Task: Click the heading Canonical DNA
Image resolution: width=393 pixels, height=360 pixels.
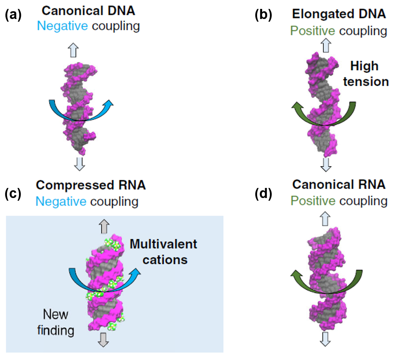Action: tap(94, 11)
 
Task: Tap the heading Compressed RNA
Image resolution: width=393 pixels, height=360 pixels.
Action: tap(91, 185)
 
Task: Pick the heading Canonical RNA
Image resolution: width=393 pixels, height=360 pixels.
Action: tap(339, 184)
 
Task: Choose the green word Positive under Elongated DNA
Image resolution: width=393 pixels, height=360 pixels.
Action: tap(313, 31)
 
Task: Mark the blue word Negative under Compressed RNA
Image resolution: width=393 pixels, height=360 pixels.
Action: tap(61, 202)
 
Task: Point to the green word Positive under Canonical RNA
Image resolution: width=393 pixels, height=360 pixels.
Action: tap(313, 201)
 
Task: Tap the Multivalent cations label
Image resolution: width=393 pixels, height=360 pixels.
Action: tap(163, 251)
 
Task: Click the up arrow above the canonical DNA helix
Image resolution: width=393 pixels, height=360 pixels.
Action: tap(74, 50)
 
